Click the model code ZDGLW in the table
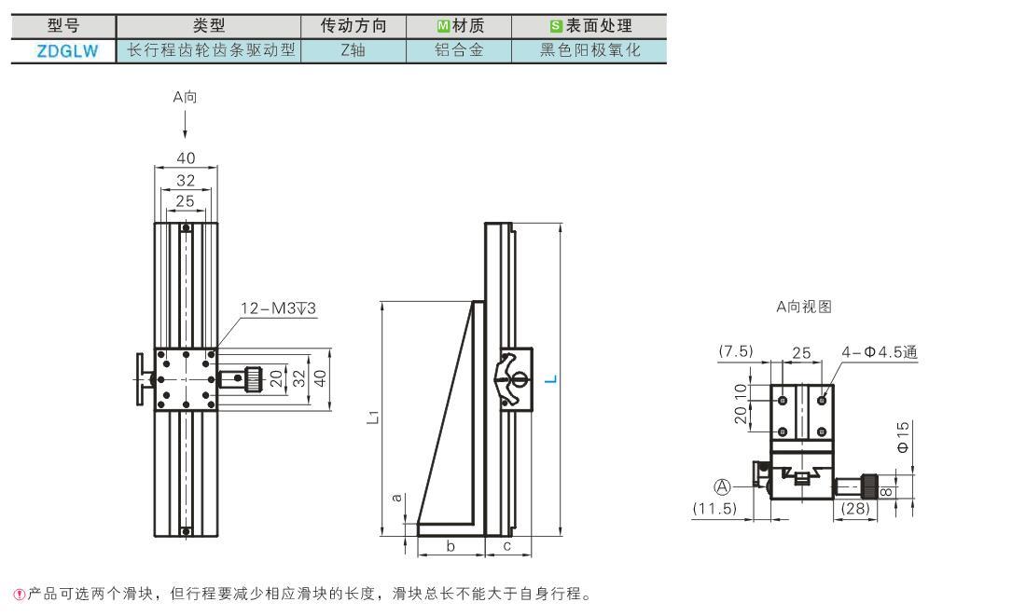pyautogui.click(x=67, y=51)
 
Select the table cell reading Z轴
pyautogui.click(x=354, y=49)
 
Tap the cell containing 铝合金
pyautogui.click(x=459, y=49)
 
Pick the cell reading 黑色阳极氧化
pyautogui.click(x=589, y=49)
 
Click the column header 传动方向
pyautogui.click(x=354, y=25)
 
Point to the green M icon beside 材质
pyautogui.click(x=443, y=26)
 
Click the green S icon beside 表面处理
pyautogui.click(x=556, y=26)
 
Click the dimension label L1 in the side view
pyautogui.click(x=372, y=417)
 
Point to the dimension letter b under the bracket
pyautogui.click(x=451, y=546)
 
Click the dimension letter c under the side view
pyautogui.click(x=507, y=546)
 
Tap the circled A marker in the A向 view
pyautogui.click(x=722, y=486)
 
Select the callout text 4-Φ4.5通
pyautogui.click(x=880, y=352)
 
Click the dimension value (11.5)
pyautogui.click(x=714, y=508)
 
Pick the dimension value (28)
pyautogui.click(x=854, y=508)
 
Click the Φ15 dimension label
pyautogui.click(x=903, y=437)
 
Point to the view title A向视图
pyautogui.click(x=803, y=307)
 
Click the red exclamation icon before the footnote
pyautogui.click(x=20, y=595)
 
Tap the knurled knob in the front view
pyautogui.click(x=253, y=378)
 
